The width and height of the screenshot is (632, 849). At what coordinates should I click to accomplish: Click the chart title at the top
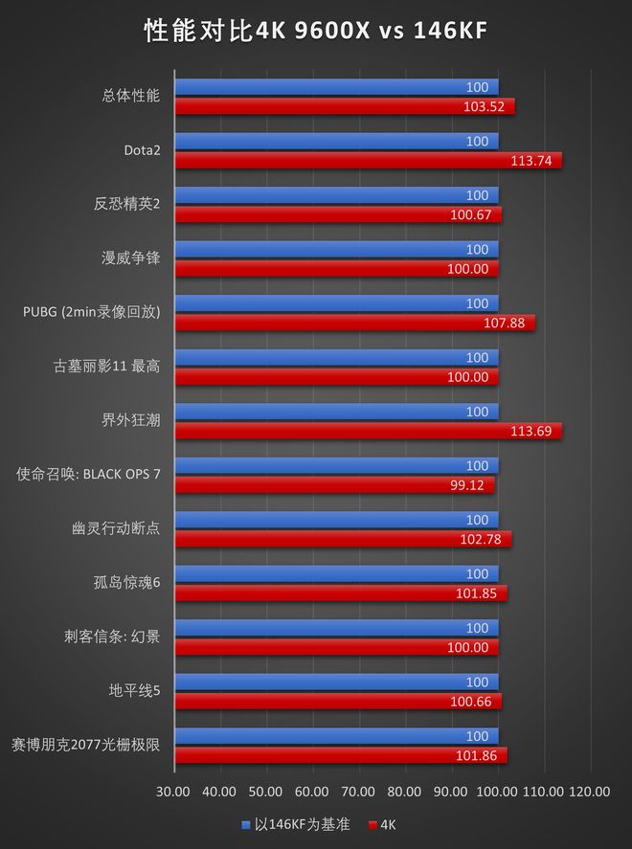click(x=316, y=32)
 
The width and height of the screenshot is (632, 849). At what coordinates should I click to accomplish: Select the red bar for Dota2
click(x=368, y=161)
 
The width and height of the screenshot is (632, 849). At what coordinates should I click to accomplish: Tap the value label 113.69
click(x=531, y=431)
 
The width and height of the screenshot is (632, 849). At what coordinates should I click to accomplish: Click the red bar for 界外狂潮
click(x=368, y=431)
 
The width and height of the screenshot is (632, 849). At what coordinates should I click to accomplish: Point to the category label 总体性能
click(x=130, y=96)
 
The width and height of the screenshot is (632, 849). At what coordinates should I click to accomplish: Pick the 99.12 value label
click(x=467, y=485)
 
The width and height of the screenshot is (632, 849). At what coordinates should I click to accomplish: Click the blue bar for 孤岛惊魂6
click(x=336, y=574)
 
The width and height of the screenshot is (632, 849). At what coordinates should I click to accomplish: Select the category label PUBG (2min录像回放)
click(x=92, y=312)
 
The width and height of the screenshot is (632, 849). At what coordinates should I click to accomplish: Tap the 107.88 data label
click(x=504, y=323)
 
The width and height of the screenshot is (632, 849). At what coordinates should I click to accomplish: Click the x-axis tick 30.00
click(x=173, y=792)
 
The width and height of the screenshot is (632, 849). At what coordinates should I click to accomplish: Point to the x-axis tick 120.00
click(x=589, y=792)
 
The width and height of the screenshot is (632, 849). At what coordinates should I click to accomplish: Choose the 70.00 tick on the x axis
click(x=358, y=792)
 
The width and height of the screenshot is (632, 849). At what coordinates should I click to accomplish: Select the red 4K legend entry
click(x=382, y=824)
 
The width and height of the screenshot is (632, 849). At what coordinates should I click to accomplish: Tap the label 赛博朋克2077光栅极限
click(x=85, y=745)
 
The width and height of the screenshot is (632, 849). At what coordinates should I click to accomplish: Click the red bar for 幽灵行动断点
click(x=343, y=539)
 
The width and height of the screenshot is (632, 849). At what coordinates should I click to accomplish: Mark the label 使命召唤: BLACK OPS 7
click(x=88, y=474)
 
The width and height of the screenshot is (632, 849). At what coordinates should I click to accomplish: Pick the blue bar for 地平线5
click(x=336, y=682)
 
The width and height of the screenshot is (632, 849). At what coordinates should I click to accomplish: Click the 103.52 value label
click(x=484, y=106)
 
